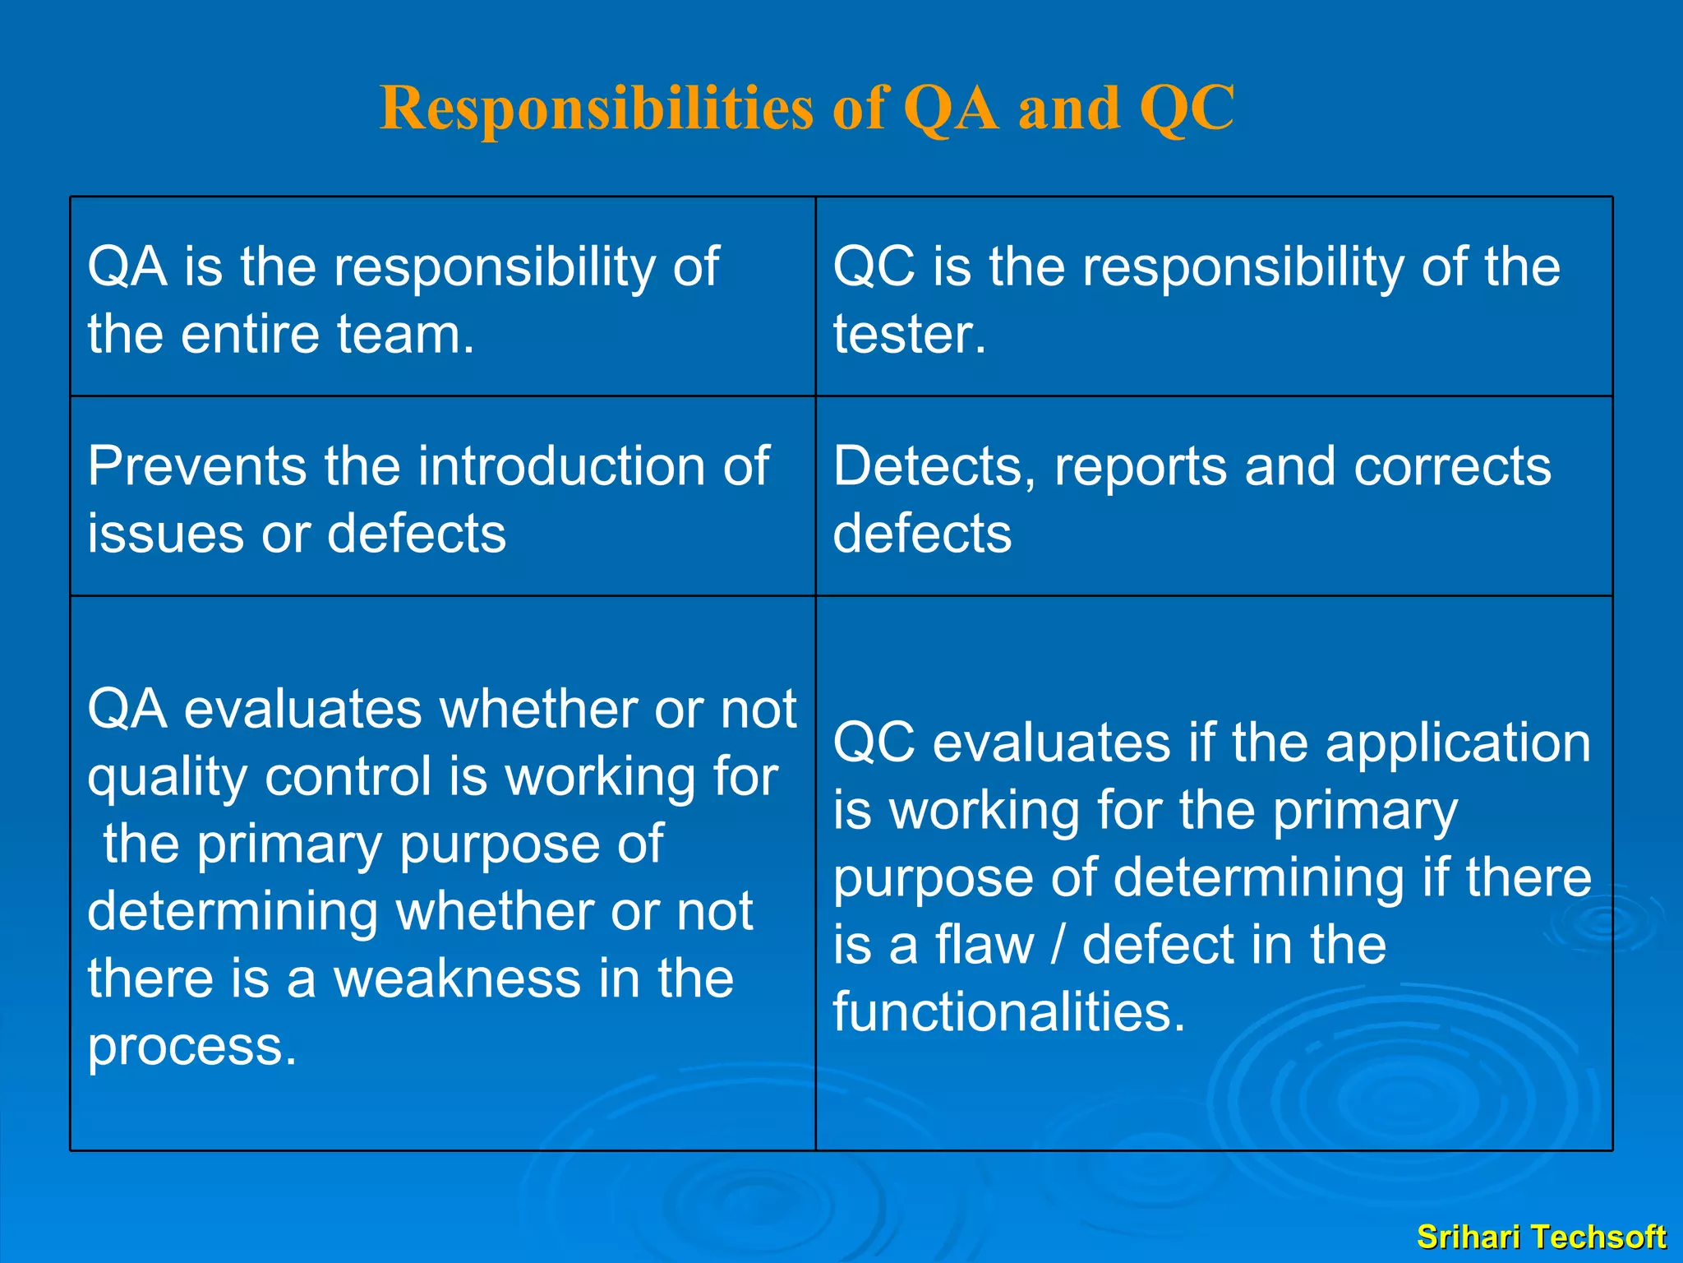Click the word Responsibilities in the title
pyautogui.click(x=596, y=109)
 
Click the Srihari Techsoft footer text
pyautogui.click(x=1541, y=1237)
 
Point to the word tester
pyautogui.click(x=909, y=335)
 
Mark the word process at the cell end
pyautogui.click(x=191, y=1048)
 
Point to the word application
pyautogui.click(x=1458, y=743)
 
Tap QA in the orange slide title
pyautogui.click(x=951, y=109)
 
